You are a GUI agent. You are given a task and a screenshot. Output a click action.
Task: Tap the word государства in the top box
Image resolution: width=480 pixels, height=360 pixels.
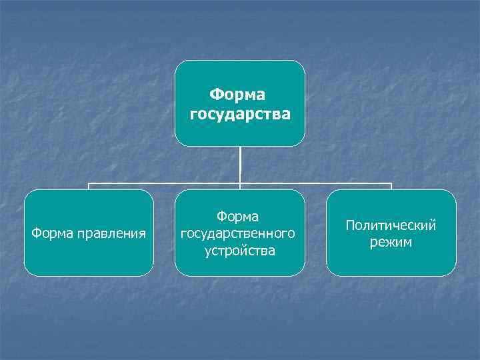coord(240,114)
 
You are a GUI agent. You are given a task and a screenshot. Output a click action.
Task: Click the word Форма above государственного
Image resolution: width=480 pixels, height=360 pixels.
coord(240,217)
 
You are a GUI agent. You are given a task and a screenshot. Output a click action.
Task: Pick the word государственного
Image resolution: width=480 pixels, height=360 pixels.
coord(240,234)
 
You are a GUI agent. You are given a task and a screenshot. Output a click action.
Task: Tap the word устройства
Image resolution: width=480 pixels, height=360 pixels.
coord(240,251)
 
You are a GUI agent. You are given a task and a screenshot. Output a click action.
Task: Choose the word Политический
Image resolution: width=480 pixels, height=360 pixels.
coord(391,225)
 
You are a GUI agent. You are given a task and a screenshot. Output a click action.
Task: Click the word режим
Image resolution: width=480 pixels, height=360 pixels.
coord(391,242)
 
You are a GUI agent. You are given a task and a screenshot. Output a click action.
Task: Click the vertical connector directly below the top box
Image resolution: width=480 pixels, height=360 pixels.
coord(240,163)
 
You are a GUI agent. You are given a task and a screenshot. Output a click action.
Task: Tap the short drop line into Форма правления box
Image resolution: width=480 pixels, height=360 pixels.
coord(89,187)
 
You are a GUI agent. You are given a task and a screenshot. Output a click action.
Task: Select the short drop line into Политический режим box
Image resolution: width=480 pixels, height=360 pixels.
coord(391,187)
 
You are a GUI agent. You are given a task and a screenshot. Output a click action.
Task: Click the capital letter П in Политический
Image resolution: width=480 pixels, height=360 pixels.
coord(350,225)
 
